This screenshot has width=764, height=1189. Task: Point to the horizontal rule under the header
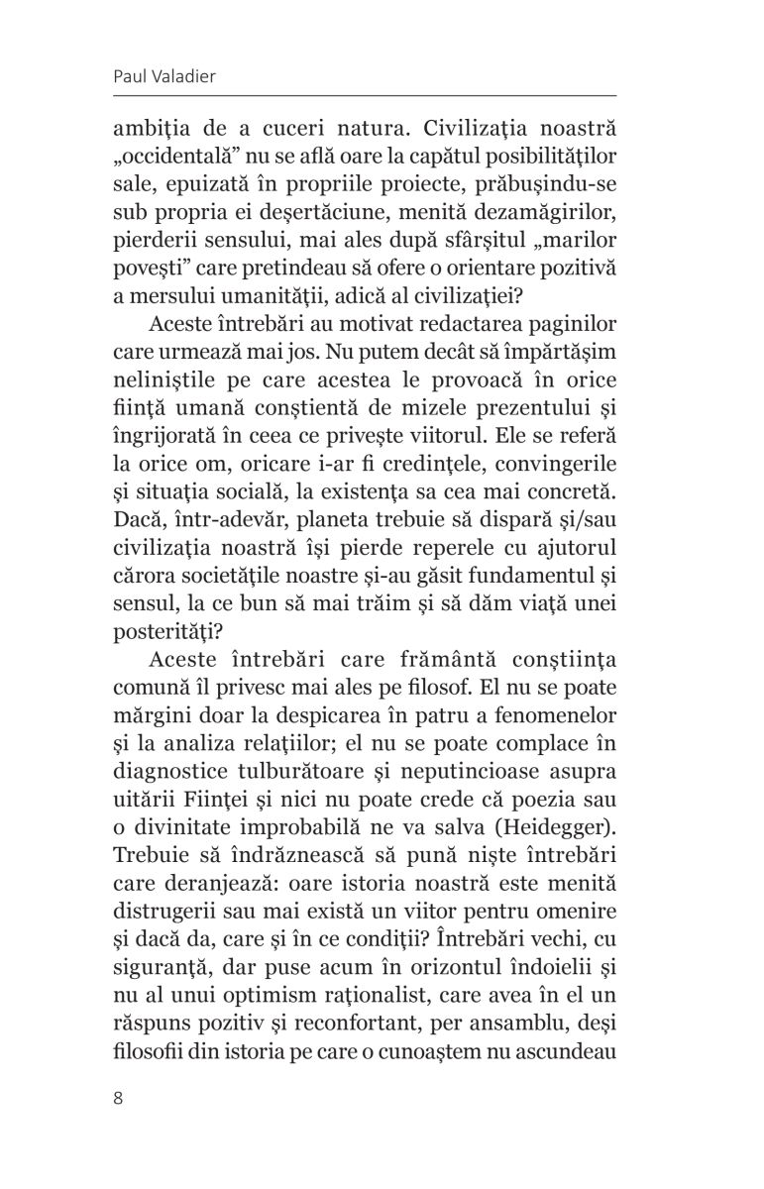click(x=382, y=96)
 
